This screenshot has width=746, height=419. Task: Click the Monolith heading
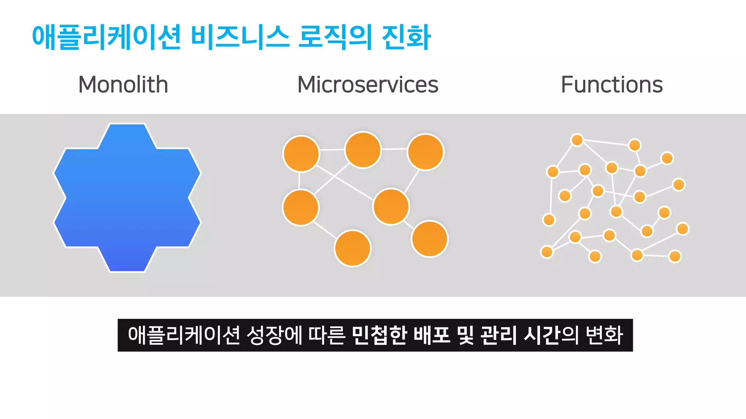pos(123,84)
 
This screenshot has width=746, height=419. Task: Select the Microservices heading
pos(368,84)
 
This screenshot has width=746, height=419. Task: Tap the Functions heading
pos(612,84)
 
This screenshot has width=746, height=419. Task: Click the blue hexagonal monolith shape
pos(127,197)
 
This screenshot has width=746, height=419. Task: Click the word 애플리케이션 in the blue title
pos(106,37)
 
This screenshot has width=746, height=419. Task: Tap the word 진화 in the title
pos(406,37)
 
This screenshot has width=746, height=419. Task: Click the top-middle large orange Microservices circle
pos(363,150)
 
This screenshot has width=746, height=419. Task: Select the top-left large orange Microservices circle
pos(301,154)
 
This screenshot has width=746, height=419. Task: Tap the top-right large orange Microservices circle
pos(425,152)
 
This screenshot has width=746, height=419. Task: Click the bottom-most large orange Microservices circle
pos(353,248)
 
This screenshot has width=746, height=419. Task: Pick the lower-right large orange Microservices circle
pos(430,239)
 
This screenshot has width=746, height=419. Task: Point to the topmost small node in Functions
pos(577,140)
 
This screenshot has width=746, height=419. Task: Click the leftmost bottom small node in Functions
pos(547,252)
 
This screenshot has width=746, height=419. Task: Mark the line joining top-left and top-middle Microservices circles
pos(332,149)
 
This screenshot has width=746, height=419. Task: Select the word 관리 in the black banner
pos(498,335)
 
